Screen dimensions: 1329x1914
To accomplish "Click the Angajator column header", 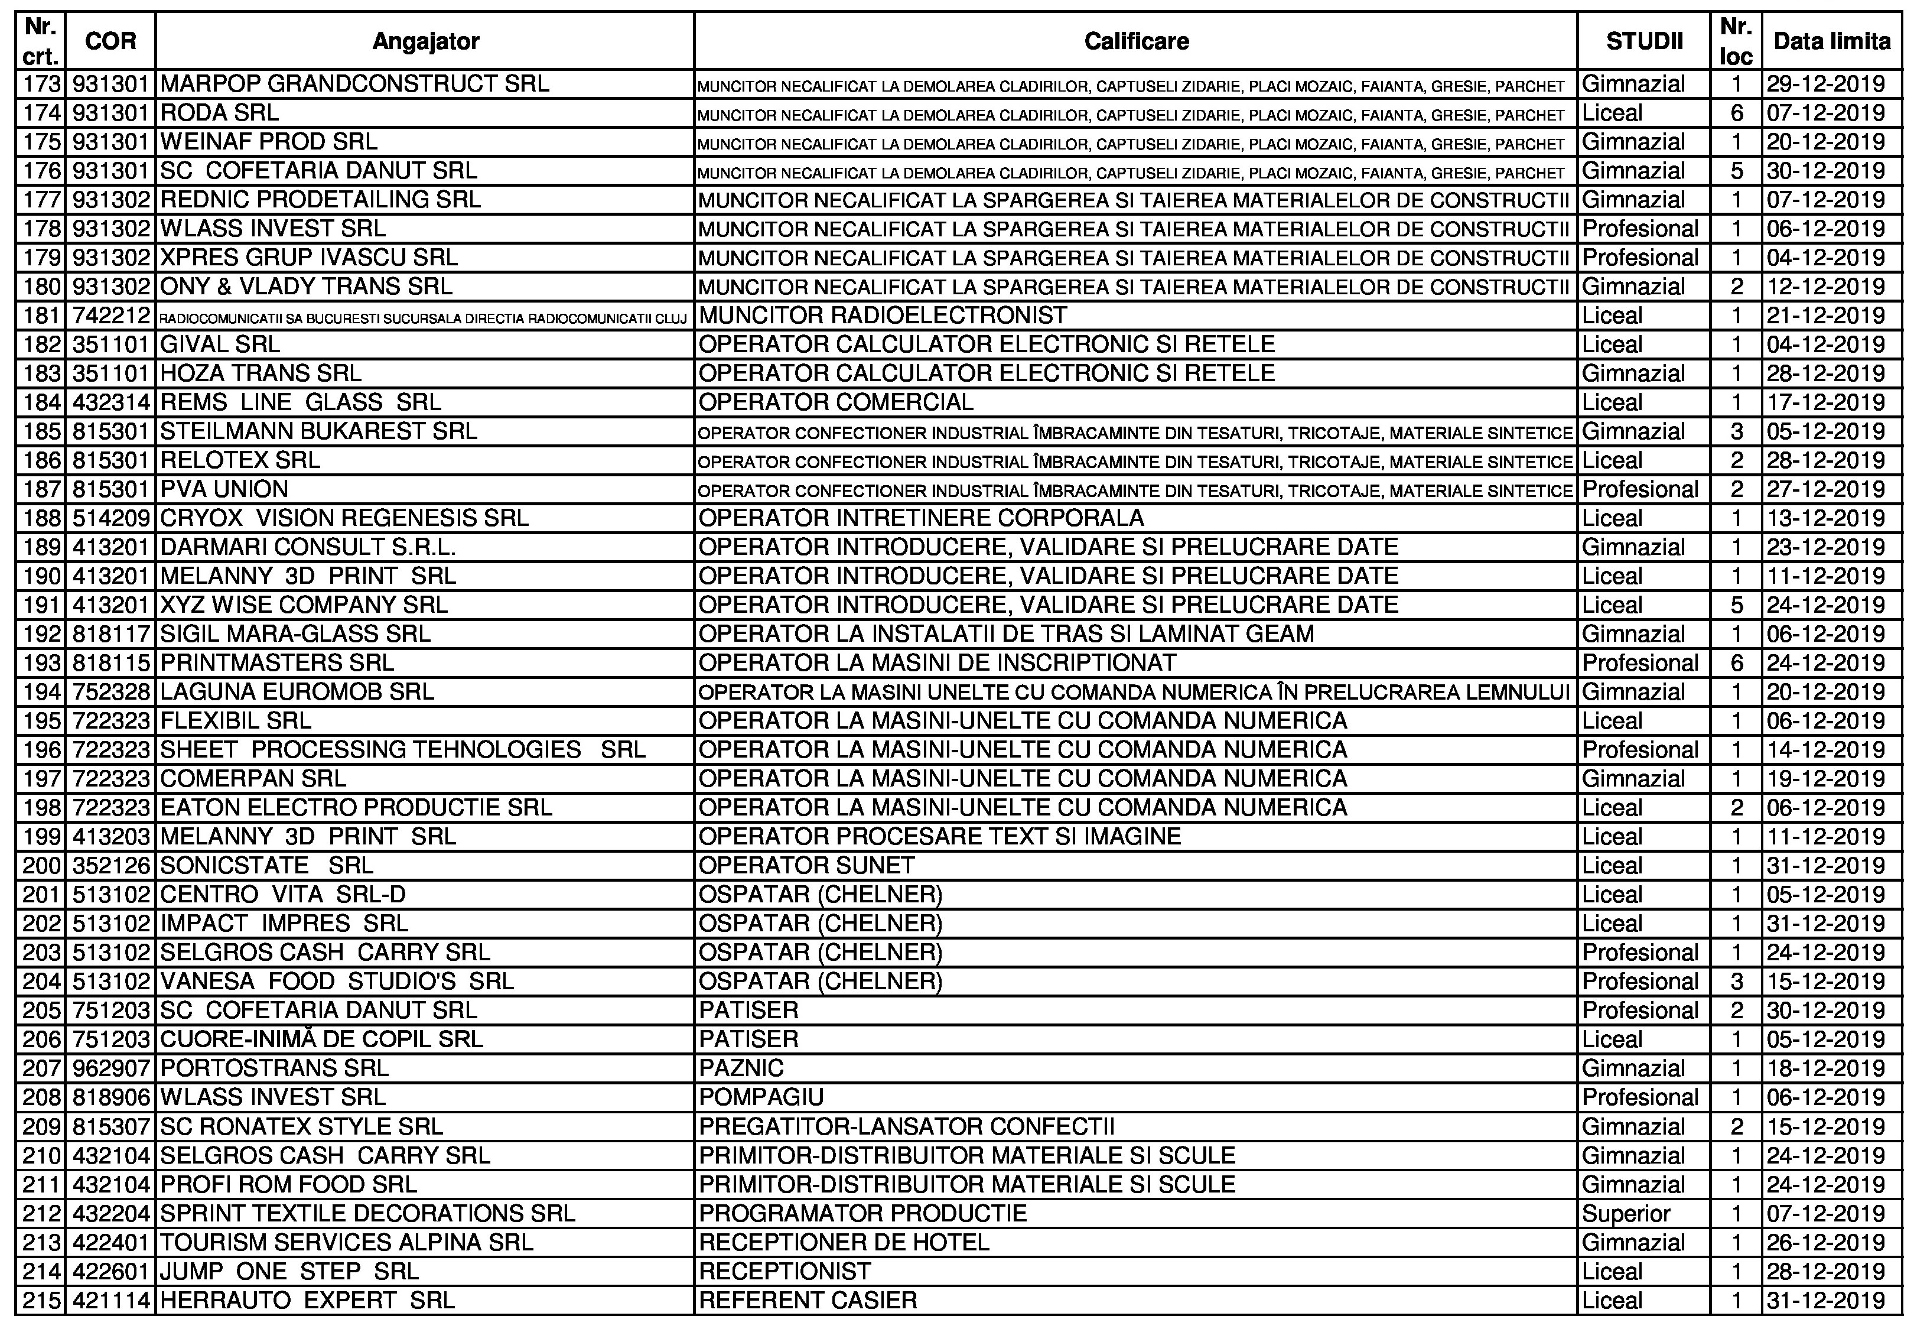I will (x=425, y=41).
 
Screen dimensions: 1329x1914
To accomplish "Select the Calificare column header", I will (x=1135, y=41).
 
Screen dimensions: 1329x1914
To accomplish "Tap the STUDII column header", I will (x=1643, y=41).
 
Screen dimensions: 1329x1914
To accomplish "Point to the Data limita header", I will (x=1831, y=41).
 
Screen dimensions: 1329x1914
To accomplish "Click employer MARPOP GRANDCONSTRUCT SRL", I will (x=354, y=84).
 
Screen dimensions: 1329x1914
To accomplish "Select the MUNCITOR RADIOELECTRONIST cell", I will (x=883, y=316).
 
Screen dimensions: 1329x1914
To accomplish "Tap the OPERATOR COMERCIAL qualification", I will (x=835, y=402).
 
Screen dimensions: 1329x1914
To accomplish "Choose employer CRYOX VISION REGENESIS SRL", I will (x=344, y=518).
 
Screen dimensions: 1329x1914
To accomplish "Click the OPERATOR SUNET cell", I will (x=806, y=865).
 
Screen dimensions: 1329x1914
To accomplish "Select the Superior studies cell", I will (x=1625, y=1213).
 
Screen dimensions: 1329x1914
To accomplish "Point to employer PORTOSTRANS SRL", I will (x=274, y=1068).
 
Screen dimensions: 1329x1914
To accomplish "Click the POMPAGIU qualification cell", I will (x=761, y=1097).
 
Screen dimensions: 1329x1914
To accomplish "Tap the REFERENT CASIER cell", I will (x=808, y=1300).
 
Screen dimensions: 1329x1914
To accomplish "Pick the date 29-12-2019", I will (x=1825, y=84).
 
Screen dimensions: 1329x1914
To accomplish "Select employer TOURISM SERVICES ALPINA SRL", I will (x=346, y=1242).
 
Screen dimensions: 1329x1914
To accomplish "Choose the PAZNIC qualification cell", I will (x=741, y=1068).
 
